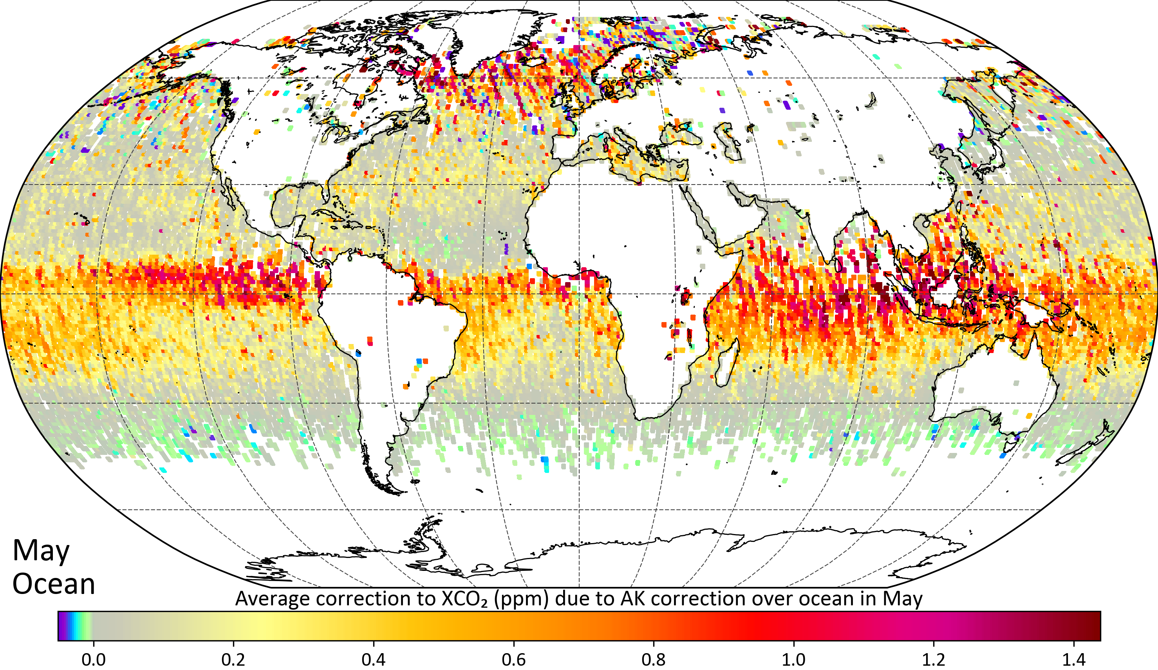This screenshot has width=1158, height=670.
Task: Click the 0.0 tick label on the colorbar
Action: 93,660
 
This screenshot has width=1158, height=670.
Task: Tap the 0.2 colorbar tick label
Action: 233,660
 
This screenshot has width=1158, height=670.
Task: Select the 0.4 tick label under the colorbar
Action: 373,660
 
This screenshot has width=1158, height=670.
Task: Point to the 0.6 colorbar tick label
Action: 513,660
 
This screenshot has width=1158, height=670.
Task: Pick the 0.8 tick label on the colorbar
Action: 654,660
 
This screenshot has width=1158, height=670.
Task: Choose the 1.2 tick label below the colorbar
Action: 934,660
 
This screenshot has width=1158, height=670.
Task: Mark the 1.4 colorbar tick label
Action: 1074,660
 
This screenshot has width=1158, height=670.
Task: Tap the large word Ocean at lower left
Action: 54,585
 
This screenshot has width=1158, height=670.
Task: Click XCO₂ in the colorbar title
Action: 464,599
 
